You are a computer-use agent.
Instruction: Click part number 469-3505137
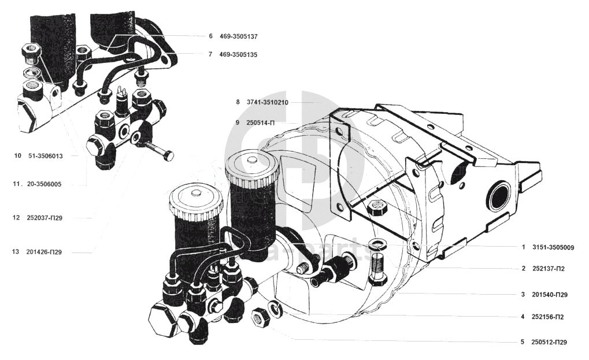pos(238,36)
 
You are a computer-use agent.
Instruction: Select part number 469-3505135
pos(238,55)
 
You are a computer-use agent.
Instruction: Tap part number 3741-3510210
pos(266,102)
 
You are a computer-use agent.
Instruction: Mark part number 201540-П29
pos(550,295)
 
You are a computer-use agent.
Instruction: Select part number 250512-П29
pos(550,342)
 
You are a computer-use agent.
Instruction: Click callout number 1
pos(523,247)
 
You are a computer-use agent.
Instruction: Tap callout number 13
pos(16,252)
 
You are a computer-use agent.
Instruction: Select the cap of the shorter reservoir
pos(196,199)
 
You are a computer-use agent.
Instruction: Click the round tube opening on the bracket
pos(498,195)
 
